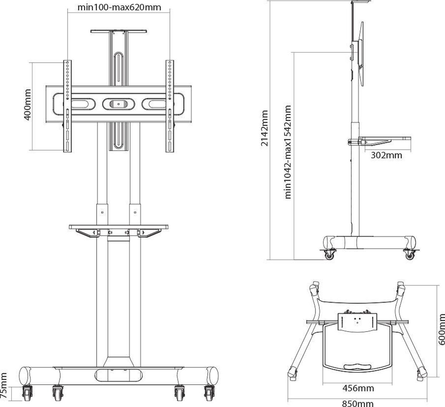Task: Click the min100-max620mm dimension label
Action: coord(119,7)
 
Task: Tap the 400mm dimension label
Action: coord(27,105)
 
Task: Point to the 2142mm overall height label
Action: coord(264,128)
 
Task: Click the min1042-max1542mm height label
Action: coord(287,152)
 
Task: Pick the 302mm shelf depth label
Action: coord(386,155)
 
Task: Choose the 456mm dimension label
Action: coord(358,388)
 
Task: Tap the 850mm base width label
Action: coord(357,403)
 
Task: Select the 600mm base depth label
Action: coord(441,329)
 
